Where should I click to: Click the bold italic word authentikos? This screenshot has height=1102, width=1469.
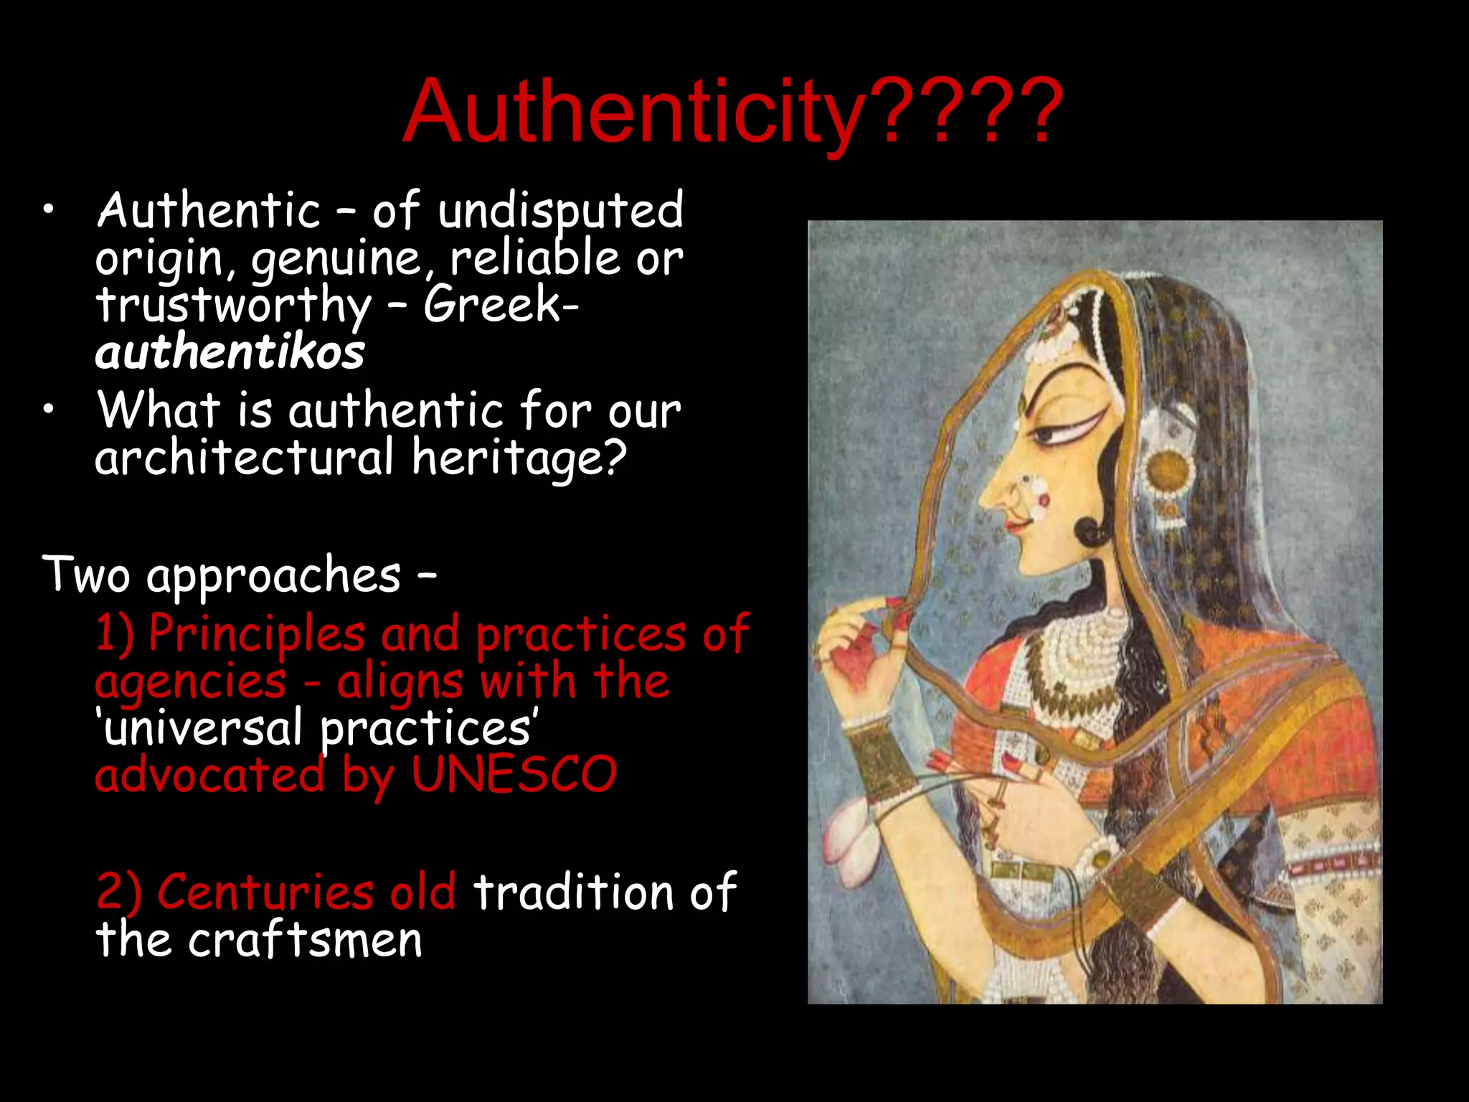(x=230, y=353)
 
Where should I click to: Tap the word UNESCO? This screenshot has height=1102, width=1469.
(x=514, y=775)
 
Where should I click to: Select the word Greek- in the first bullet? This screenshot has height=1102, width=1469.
(x=501, y=304)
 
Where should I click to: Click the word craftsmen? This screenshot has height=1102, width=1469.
(x=306, y=940)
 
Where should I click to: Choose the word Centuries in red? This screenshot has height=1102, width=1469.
(x=265, y=893)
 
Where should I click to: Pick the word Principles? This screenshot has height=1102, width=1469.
(x=257, y=634)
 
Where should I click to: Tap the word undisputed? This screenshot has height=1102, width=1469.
(x=560, y=211)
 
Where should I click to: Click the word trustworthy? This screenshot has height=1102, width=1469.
(x=234, y=306)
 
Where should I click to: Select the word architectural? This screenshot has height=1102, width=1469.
(x=245, y=458)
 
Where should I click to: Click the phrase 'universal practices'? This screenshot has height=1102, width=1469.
(x=316, y=728)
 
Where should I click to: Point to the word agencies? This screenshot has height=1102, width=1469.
(x=190, y=682)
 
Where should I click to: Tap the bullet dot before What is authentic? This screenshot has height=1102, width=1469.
(x=47, y=410)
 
